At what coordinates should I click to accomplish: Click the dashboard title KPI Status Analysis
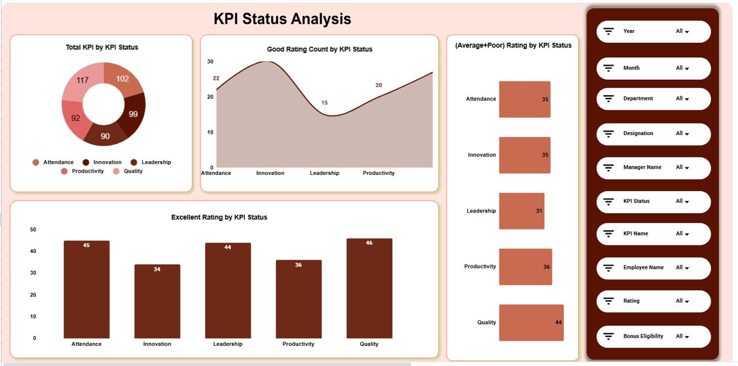coord(282,19)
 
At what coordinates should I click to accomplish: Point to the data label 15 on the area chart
coord(325,103)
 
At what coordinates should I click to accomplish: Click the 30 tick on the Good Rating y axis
coord(210,61)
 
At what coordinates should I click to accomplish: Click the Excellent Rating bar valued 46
coord(369,288)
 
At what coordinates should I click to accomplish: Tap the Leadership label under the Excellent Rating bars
coord(228,344)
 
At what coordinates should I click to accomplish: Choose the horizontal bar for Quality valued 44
coord(531,322)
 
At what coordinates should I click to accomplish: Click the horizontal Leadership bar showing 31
coord(521,211)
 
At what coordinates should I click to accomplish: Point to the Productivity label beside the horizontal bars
coord(480,267)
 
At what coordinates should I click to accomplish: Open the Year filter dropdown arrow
coord(687,32)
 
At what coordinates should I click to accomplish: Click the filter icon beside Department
coord(608,99)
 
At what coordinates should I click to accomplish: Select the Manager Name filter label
coord(642,167)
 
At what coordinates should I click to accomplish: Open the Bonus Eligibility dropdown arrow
coord(687,337)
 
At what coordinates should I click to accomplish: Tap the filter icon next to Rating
coord(608,301)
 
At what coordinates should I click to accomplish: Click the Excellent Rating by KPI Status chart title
coord(219,218)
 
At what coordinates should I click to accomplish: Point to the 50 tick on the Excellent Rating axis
coord(33,230)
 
